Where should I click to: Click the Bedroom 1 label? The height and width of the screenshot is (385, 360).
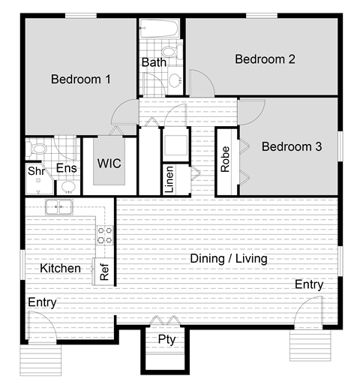pyautogui.click(x=81, y=79)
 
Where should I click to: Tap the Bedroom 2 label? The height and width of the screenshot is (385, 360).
pyautogui.click(x=265, y=59)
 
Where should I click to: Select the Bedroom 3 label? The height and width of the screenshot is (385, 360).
pyautogui.click(x=291, y=147)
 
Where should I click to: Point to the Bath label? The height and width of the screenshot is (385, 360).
pyautogui.click(x=154, y=62)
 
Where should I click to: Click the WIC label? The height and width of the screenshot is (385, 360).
pyautogui.click(x=109, y=164)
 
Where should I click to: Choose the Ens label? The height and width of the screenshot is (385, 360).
pyautogui.click(x=67, y=169)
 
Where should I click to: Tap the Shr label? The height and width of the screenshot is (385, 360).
pyautogui.click(x=35, y=171)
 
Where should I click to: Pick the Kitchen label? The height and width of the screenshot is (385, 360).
pyautogui.click(x=60, y=268)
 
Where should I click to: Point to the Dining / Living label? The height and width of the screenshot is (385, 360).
pyautogui.click(x=228, y=259)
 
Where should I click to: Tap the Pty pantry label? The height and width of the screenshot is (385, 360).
pyautogui.click(x=166, y=338)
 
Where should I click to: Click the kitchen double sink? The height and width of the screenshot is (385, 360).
pyautogui.click(x=58, y=207)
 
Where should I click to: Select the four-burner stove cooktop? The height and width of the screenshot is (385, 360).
pyautogui.click(x=104, y=236)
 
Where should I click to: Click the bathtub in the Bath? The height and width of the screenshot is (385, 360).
pyautogui.click(x=159, y=30)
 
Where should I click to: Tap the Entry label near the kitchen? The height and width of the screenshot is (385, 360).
pyautogui.click(x=42, y=302)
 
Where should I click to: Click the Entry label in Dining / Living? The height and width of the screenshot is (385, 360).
pyautogui.click(x=308, y=284)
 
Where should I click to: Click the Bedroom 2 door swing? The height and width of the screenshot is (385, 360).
pyautogui.click(x=200, y=82)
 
